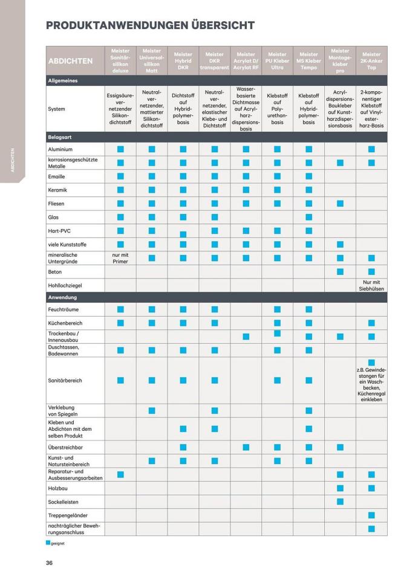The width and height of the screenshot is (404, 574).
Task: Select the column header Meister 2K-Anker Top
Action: (371, 60)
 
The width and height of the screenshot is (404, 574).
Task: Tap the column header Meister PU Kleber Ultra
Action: (277, 60)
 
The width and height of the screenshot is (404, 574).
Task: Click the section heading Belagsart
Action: (60, 137)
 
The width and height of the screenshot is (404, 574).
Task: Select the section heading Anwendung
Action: (63, 297)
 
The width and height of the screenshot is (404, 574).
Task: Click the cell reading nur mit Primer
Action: (120, 258)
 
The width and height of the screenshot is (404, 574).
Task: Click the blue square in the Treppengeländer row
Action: (371, 515)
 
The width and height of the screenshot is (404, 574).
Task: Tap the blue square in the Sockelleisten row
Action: (340, 501)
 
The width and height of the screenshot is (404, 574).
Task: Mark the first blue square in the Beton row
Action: (340, 272)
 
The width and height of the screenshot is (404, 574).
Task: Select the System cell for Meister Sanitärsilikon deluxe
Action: (120, 109)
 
